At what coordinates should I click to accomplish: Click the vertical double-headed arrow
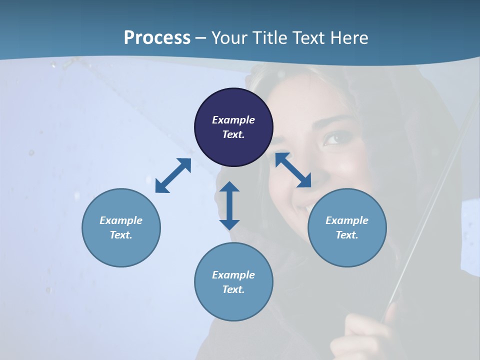coord(229,205)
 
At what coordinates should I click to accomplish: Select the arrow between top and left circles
coord(173,175)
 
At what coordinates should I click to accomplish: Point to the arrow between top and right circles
coord(293,170)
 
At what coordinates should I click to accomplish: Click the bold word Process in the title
coord(157,37)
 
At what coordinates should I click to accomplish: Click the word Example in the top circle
coord(233,120)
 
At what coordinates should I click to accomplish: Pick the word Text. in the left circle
coord(121,235)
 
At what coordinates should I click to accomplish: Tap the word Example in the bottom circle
coord(233,275)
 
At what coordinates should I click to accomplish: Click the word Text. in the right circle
coord(347,235)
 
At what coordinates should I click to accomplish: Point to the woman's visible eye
coord(333,138)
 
